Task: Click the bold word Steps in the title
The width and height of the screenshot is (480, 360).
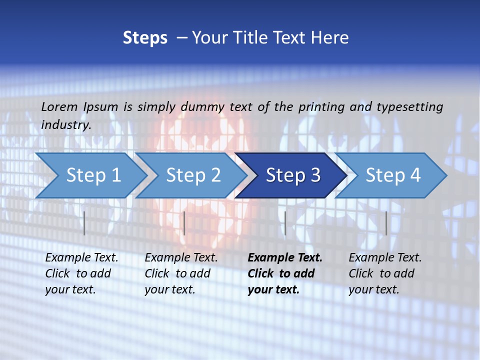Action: coord(145,38)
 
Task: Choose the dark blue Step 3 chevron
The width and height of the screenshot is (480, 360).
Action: coord(293,175)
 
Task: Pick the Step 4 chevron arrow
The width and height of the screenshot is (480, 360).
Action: coord(393,175)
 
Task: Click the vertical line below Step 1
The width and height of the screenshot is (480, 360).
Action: coord(84,223)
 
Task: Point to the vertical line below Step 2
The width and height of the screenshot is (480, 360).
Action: coord(184,223)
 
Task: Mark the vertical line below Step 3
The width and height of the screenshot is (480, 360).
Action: coord(285,223)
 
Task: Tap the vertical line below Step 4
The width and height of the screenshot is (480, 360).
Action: coord(386,223)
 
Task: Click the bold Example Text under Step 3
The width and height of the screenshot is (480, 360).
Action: coord(285,258)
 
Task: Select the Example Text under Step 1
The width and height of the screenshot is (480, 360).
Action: coord(81,258)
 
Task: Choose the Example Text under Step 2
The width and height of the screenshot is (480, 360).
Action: coord(181,258)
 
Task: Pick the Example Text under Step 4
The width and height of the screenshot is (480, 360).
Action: coord(385,258)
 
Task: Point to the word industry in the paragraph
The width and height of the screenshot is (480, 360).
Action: coord(65,125)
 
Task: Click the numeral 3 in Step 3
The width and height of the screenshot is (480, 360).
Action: coord(315,175)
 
